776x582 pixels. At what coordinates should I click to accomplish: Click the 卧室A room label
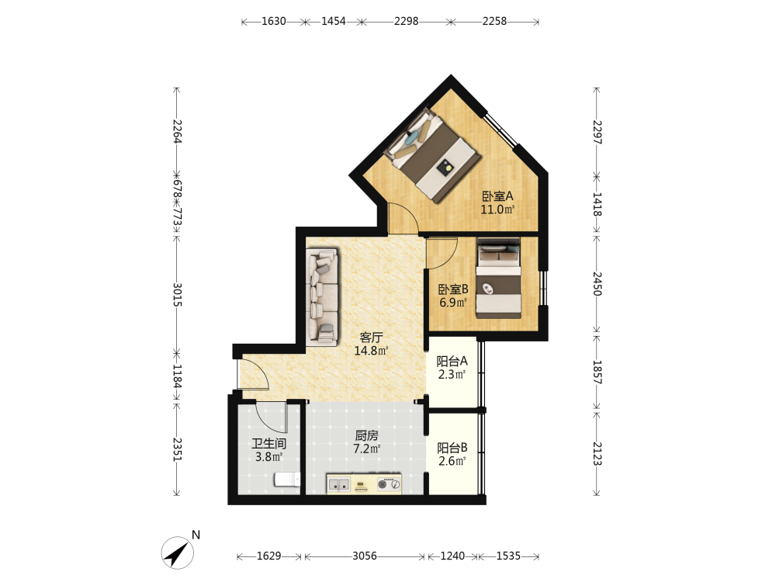pyautogui.click(x=498, y=196)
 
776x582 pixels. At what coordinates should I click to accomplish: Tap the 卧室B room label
pyautogui.click(x=453, y=289)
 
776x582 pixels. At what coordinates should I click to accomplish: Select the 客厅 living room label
pyautogui.click(x=371, y=338)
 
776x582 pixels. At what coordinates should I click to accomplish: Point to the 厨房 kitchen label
pyautogui.click(x=367, y=435)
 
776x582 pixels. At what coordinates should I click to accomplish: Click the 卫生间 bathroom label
pyautogui.click(x=268, y=443)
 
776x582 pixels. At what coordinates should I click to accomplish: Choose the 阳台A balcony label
pyautogui.click(x=452, y=362)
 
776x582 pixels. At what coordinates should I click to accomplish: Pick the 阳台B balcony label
pyautogui.click(x=452, y=448)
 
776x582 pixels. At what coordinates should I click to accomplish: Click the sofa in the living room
pyautogui.click(x=322, y=297)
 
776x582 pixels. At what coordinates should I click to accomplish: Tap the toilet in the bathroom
pyautogui.click(x=288, y=479)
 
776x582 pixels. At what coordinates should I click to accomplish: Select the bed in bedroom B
pyautogui.click(x=498, y=278)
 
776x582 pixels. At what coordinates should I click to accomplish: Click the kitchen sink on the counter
pyautogui.click(x=339, y=484)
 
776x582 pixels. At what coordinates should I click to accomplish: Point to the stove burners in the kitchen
pyautogui.click(x=389, y=484)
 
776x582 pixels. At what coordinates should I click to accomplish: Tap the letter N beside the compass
pyautogui.click(x=196, y=535)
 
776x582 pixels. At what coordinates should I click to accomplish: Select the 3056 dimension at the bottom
pyautogui.click(x=365, y=556)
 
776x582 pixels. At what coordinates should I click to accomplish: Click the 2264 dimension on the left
pyautogui.click(x=177, y=132)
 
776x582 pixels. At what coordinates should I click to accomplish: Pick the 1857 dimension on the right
pyautogui.click(x=597, y=372)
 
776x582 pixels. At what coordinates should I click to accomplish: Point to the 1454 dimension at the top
pyautogui.click(x=334, y=21)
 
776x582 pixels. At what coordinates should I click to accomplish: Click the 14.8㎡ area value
pyautogui.click(x=371, y=351)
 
